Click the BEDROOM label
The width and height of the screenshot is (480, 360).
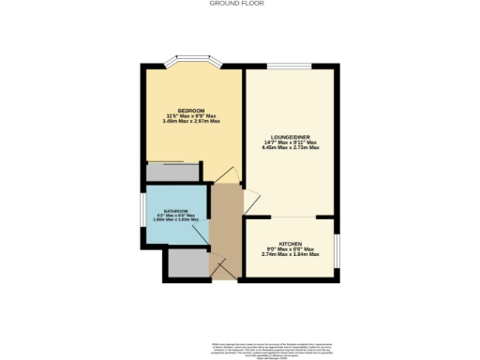(191, 110)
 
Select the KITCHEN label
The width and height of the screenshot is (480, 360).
(289, 243)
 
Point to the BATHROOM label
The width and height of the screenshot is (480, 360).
(173, 211)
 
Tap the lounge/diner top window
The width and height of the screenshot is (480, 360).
(289, 67)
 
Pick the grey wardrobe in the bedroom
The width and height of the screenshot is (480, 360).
(172, 172)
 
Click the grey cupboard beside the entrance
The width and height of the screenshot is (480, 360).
(187, 264)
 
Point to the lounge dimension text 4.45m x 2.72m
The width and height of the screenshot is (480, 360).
(290, 148)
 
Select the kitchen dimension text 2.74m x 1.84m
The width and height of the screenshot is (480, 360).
(289, 254)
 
